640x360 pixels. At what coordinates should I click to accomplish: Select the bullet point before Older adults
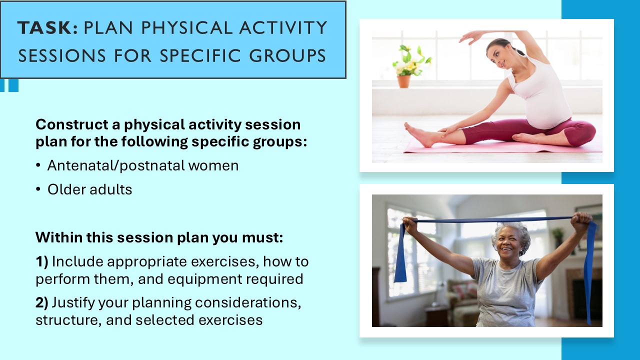pos(38,190)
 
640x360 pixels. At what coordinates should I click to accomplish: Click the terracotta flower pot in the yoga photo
pos(403,81)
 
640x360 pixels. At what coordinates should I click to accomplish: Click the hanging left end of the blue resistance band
pos(400,255)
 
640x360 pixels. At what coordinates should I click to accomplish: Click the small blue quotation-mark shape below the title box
pos(10,85)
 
